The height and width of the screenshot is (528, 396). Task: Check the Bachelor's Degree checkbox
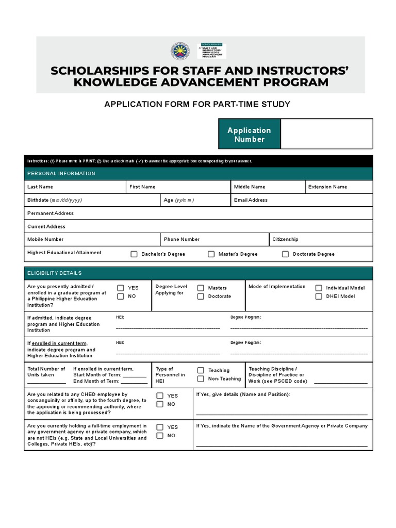click(134, 254)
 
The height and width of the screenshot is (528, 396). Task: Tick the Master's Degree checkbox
click(211, 254)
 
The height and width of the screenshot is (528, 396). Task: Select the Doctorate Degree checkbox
click(286, 254)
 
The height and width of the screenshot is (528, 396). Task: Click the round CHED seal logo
click(181, 52)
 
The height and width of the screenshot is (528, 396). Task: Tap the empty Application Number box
click(326, 134)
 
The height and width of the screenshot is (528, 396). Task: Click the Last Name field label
click(40, 187)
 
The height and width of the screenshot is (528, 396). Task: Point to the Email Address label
click(251, 200)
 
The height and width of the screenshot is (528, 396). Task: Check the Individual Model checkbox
click(319, 288)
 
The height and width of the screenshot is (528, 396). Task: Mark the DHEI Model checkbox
click(319, 296)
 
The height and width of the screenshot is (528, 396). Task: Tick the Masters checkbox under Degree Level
click(201, 288)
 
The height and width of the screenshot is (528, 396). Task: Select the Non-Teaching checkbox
click(201, 379)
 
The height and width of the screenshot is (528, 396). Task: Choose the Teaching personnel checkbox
click(201, 370)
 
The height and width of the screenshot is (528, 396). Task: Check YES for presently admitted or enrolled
click(121, 288)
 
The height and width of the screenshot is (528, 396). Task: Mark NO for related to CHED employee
click(160, 404)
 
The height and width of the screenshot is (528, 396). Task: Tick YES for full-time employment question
click(160, 427)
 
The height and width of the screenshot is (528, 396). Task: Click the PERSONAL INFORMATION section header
click(61, 174)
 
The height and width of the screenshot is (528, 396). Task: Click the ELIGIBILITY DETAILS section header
click(55, 273)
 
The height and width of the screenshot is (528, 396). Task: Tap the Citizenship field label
click(285, 239)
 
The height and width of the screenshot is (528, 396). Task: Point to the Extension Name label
click(327, 187)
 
